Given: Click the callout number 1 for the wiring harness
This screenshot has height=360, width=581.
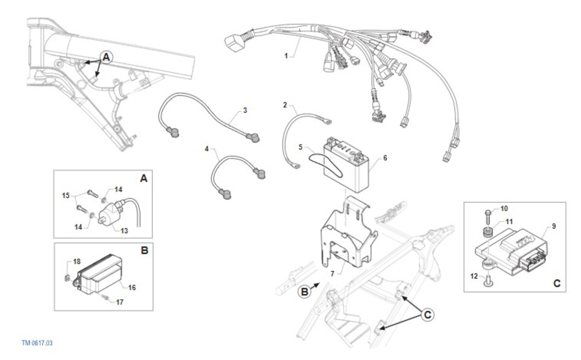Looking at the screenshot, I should tap(286, 56).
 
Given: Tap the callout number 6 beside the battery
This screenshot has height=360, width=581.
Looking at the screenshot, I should tap(385, 158).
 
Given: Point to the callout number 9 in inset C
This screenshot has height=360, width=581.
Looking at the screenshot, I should tap(554, 226).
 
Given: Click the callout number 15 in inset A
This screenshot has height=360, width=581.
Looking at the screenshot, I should tap(66, 196).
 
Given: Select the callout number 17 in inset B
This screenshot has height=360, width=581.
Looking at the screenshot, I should tap(120, 302).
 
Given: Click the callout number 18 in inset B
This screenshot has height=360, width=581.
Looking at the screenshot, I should tap(76, 262).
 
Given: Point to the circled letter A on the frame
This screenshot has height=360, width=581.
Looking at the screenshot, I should tap(107, 57).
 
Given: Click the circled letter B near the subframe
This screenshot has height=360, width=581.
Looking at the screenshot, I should tap(305, 292).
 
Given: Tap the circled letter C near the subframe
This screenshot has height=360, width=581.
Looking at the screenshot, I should tap(427, 315).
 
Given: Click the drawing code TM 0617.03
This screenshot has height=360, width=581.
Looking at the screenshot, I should tap(37, 343).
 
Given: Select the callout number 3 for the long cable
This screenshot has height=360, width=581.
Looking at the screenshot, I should tap(245, 110).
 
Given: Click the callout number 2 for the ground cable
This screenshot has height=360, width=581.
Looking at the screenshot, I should tap(285, 105).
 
